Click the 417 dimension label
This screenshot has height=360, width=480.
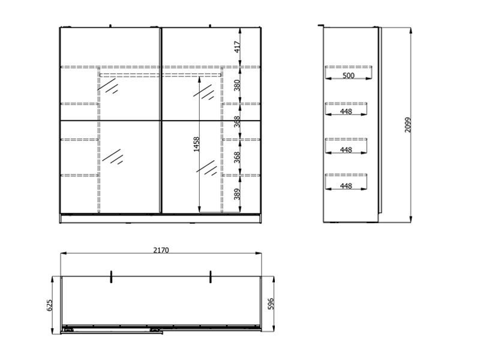coord(237,47)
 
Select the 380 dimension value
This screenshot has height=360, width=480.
coord(237,85)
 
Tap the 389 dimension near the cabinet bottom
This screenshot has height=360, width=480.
coord(237,194)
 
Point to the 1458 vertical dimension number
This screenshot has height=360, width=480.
coord(197,144)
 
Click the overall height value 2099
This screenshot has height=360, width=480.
coord(408,125)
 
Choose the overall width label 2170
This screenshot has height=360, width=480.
coord(161,250)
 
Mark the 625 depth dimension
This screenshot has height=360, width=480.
coord(50,305)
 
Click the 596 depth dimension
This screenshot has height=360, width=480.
coord(271,304)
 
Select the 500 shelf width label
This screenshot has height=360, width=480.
coord(349,76)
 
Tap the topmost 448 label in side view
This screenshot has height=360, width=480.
coord(346,112)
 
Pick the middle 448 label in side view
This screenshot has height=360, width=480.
coord(346,150)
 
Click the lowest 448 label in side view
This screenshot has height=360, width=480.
coord(346,186)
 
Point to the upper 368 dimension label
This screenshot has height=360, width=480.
coord(237,122)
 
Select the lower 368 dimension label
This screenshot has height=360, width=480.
coord(237,157)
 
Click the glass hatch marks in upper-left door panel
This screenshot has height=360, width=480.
coord(108,86)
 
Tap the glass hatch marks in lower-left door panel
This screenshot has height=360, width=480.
coord(113,157)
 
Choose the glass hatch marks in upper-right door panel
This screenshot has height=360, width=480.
coord(203,92)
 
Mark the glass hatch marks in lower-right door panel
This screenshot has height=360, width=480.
coord(206,168)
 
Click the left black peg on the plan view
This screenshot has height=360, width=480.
coord(111,277)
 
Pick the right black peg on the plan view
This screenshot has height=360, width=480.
coord(211,277)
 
